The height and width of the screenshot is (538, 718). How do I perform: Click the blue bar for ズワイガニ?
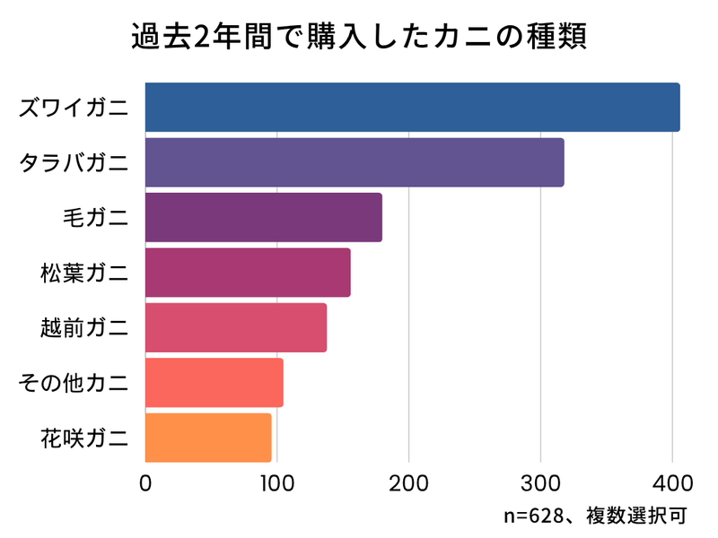[412, 108]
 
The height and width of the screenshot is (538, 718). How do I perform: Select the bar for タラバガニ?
[355, 162]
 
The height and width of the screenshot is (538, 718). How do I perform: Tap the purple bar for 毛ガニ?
[263, 217]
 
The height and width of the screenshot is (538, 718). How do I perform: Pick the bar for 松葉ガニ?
[248, 273]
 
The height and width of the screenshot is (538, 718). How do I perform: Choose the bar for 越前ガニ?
[235, 328]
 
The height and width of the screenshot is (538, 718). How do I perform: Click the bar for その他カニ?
[214, 383]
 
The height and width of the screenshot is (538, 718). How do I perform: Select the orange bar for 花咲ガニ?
[207, 438]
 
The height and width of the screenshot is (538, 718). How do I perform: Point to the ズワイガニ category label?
[74, 108]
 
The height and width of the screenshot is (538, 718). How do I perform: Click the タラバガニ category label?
[74, 163]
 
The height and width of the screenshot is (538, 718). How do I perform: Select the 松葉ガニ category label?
[83, 273]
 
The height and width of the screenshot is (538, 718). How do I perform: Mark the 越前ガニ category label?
[83, 328]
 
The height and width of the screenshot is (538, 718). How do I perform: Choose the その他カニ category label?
[74, 384]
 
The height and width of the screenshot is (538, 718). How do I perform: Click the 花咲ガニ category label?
[83, 438]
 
